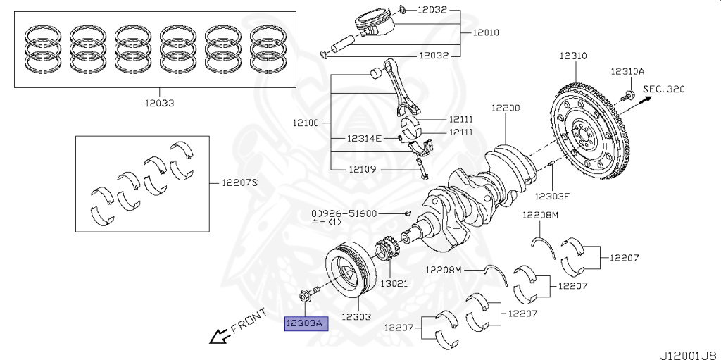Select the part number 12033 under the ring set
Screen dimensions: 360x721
[x=158, y=103]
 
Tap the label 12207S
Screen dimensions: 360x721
[x=240, y=182]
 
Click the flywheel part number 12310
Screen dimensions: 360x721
[x=574, y=56]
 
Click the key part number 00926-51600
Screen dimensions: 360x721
[x=345, y=213]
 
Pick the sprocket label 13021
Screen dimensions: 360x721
[x=394, y=283]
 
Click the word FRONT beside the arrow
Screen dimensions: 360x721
[x=249, y=320]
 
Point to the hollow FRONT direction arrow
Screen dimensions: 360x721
[x=219, y=337]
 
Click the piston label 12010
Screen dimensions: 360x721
[x=487, y=32]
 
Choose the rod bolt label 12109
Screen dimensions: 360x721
[x=363, y=169]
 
